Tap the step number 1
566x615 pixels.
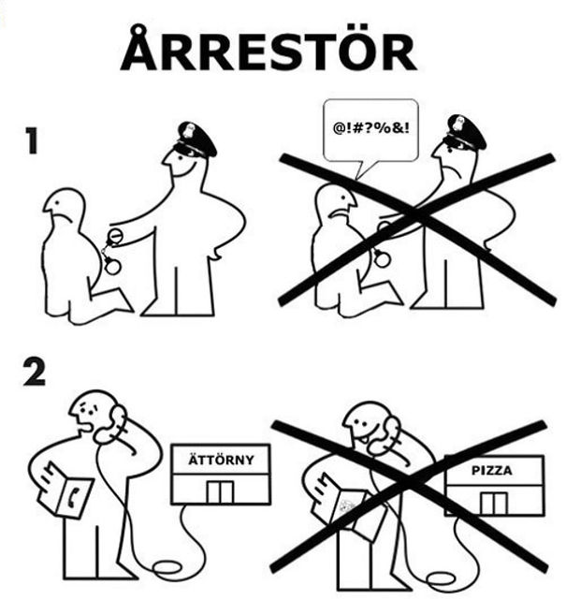tap(33, 142)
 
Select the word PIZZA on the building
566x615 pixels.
tap(493, 471)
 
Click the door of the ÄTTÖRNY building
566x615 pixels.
tap(221, 491)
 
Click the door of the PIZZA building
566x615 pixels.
tap(493, 502)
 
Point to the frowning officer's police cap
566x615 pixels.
tap(465, 132)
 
